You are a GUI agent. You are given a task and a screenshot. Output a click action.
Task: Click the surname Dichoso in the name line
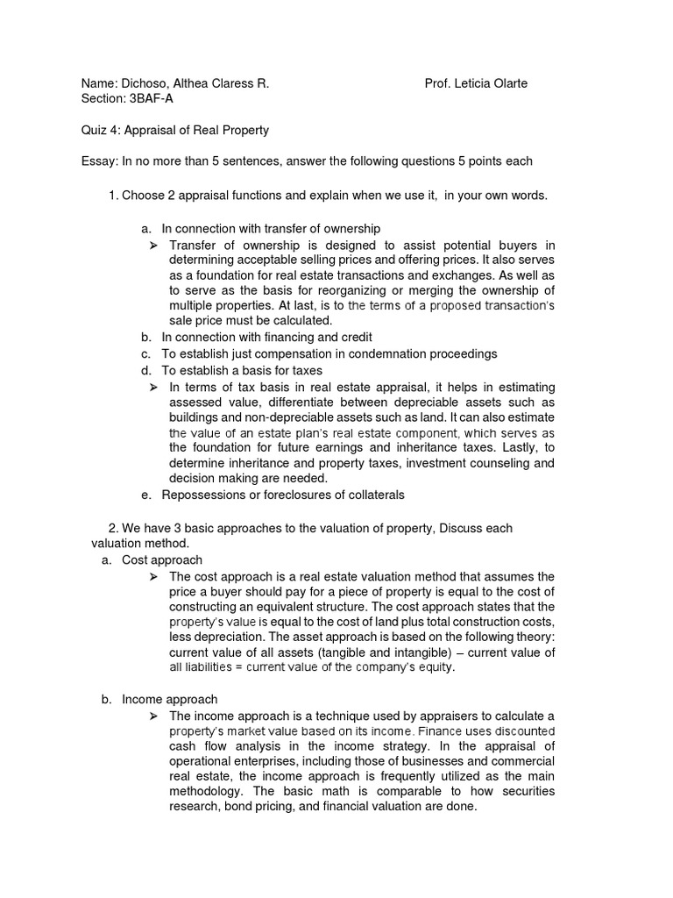point(145,83)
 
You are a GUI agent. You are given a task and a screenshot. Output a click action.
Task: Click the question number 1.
point(113,195)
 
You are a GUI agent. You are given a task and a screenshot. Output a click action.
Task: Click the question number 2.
point(113,528)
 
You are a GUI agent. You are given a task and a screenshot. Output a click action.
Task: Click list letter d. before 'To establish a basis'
point(145,370)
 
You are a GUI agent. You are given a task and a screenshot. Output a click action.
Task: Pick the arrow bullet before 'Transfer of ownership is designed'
point(154,245)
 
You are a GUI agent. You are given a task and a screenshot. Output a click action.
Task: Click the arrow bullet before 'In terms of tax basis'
point(154,387)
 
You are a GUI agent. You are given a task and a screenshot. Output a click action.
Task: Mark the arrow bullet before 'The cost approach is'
point(154,576)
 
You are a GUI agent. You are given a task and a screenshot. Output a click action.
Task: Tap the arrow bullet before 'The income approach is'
point(154,716)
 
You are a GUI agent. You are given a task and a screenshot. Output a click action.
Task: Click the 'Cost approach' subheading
point(162,559)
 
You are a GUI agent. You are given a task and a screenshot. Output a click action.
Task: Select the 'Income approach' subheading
point(169,700)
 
